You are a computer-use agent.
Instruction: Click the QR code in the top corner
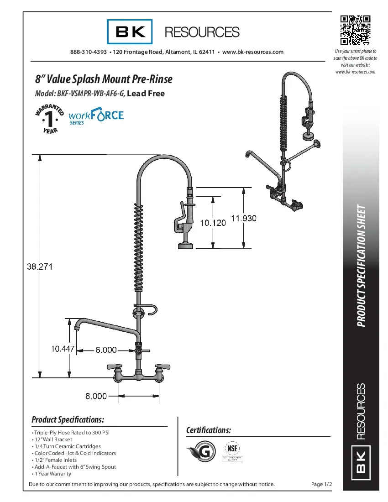355,31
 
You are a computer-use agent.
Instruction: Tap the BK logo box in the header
130,31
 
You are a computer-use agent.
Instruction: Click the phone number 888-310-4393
89,52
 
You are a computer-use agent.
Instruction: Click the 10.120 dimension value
213,223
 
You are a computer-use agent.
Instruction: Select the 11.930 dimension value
243,218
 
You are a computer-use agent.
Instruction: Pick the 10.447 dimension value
62,349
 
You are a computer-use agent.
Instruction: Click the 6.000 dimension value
105,350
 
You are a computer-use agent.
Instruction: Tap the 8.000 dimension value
96,396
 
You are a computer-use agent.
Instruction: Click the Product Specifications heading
68,419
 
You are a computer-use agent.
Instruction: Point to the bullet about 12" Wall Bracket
52,439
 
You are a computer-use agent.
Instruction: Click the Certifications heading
209,430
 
